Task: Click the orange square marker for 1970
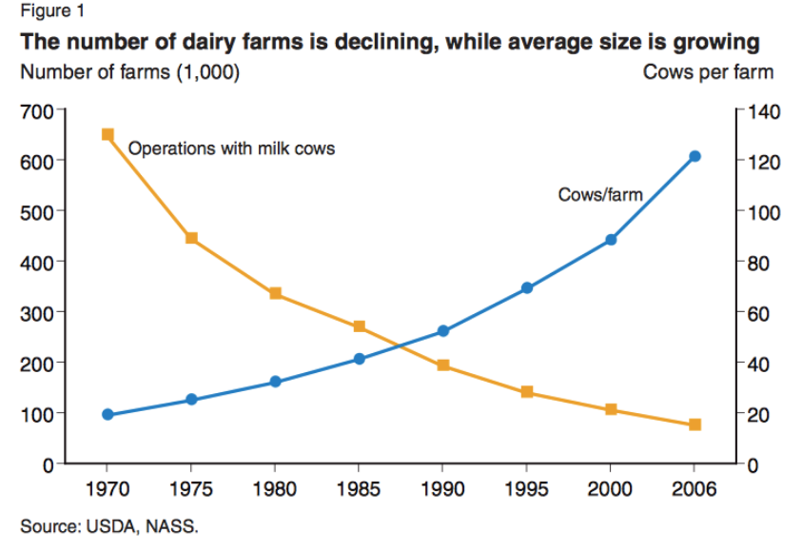tap(108, 134)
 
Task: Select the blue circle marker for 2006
tap(694, 156)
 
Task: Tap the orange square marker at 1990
tap(443, 365)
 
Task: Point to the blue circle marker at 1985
tap(360, 359)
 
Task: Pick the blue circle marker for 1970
tap(108, 415)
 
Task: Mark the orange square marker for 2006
tap(694, 424)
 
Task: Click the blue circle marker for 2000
tap(611, 240)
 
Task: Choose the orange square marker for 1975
tap(191, 238)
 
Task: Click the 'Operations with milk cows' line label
tap(231, 148)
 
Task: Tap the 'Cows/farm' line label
tap(600, 195)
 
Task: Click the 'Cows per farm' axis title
tap(708, 72)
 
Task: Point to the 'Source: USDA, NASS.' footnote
tap(109, 525)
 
